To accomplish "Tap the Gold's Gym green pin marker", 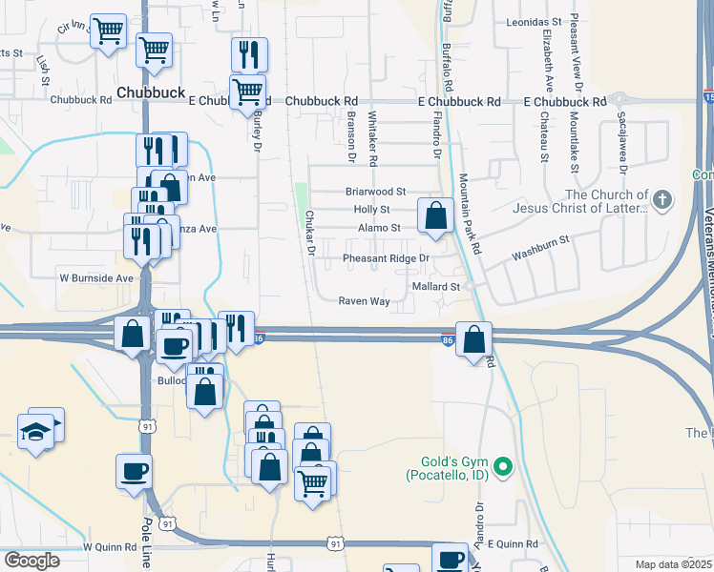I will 508,467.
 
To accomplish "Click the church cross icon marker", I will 663,200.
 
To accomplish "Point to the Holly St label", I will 371,210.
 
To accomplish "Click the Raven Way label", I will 364,301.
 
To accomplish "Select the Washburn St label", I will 540,251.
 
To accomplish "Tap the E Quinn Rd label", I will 513,543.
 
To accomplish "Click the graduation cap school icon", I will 36,432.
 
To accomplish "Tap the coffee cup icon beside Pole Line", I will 134,469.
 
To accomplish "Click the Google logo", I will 31,561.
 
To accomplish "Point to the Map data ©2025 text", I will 674,564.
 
